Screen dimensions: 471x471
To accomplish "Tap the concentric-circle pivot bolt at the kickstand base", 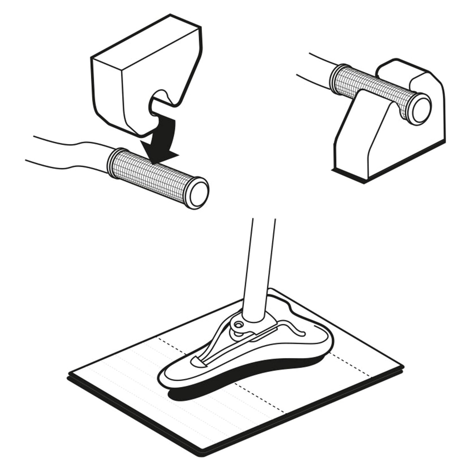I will [x=238, y=324].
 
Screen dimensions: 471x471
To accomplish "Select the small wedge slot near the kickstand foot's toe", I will [x=198, y=361].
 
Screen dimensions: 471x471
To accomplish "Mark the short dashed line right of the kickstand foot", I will [x=352, y=364].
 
